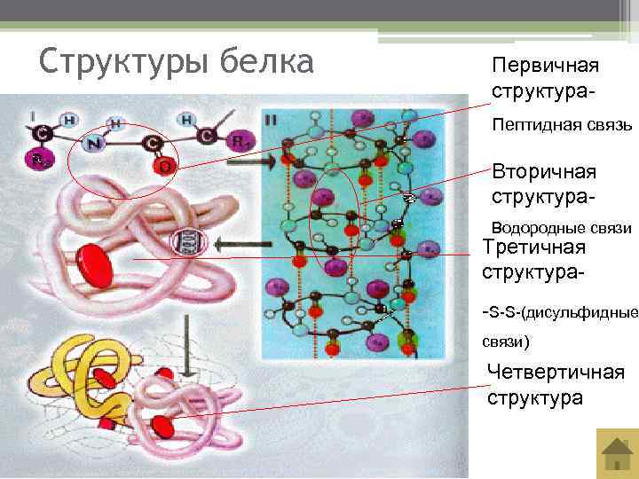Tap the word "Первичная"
tap(546, 67)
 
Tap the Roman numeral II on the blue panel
tap(270, 118)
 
